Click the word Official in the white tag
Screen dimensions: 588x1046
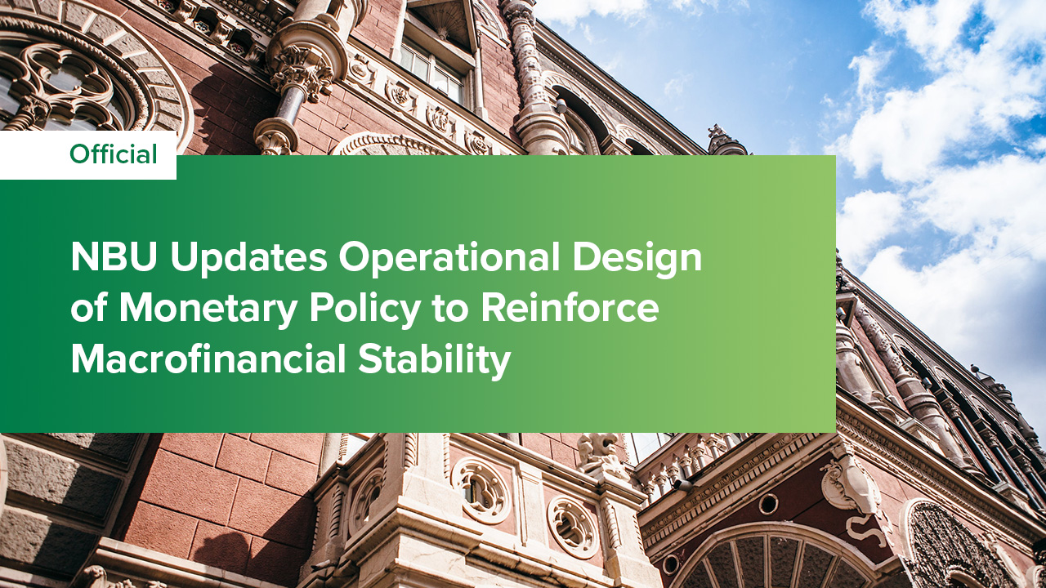click(x=113, y=154)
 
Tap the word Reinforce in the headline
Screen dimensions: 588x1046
click(x=570, y=310)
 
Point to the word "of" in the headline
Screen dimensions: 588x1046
click(x=90, y=310)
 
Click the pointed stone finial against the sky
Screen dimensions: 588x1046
click(x=722, y=139)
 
